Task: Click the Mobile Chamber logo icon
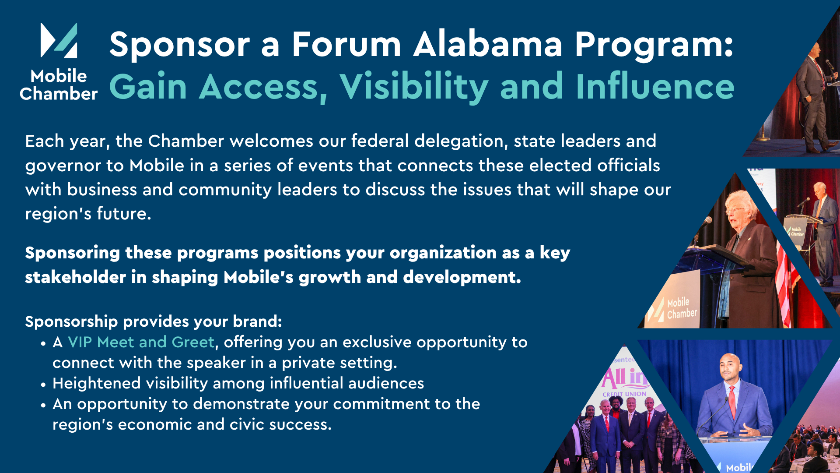[59, 40]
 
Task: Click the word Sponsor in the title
[180, 45]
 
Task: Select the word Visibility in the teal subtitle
[414, 87]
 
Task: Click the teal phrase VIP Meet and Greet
[141, 342]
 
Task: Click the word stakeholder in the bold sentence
[75, 277]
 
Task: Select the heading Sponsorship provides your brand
[154, 322]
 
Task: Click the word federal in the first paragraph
[380, 141]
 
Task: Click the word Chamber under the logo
[59, 94]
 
